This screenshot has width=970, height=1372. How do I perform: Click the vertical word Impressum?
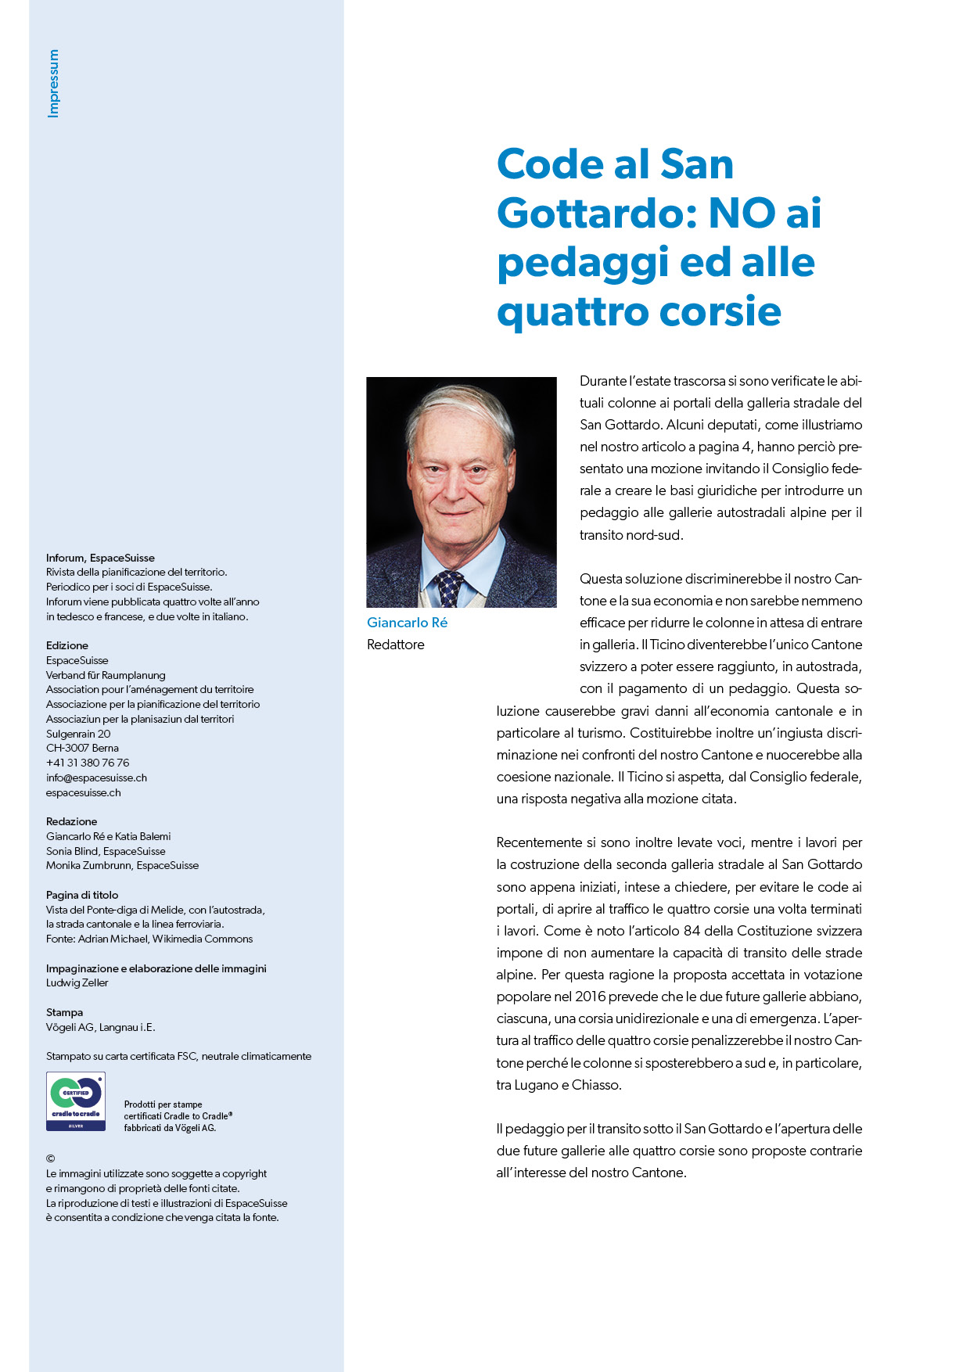[53, 84]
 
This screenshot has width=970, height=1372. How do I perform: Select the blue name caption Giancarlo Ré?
[407, 623]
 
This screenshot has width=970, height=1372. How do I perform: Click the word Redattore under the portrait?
[396, 645]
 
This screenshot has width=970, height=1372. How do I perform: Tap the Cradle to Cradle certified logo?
[76, 1101]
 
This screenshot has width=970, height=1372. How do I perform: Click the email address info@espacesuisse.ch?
[96, 778]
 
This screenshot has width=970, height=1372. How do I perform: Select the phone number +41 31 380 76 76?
[88, 763]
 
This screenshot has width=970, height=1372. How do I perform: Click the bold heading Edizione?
[67, 645]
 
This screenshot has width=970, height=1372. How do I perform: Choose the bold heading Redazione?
[72, 821]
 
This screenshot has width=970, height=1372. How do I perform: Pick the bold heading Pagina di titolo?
[82, 895]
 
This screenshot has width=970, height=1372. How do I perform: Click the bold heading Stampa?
[64, 1012]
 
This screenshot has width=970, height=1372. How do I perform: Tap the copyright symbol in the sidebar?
[51, 1158]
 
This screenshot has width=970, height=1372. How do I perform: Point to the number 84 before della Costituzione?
[692, 931]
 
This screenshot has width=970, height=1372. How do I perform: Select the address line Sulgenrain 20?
[78, 734]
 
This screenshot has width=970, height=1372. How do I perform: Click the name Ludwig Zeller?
[77, 982]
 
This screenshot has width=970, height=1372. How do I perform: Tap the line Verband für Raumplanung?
[106, 675]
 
